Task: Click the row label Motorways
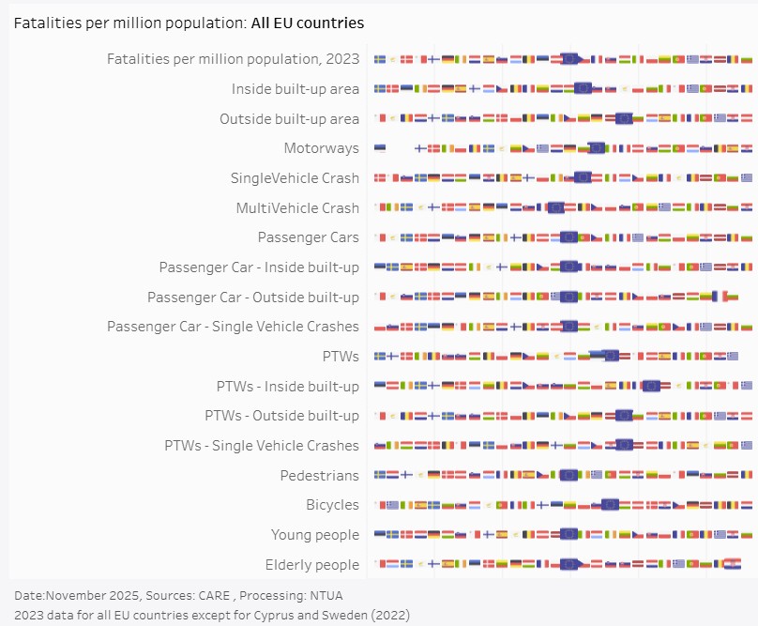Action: (321, 148)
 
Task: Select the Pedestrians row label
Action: (319, 476)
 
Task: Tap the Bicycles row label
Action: (332, 505)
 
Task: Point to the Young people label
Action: (315, 535)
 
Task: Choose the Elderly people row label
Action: (312, 565)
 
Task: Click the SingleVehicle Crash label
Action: (295, 178)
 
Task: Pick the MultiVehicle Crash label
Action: (297, 208)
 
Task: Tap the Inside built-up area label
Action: (296, 89)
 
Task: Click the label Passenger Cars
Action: (308, 237)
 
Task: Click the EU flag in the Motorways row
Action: (596, 147)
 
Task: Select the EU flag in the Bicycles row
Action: (610, 504)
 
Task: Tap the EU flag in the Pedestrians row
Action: (568, 475)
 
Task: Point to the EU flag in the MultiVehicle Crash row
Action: (555, 207)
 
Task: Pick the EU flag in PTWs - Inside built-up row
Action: (652, 386)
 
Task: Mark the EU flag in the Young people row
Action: (568, 534)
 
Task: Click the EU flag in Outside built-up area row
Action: (624, 118)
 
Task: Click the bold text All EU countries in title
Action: (308, 23)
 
